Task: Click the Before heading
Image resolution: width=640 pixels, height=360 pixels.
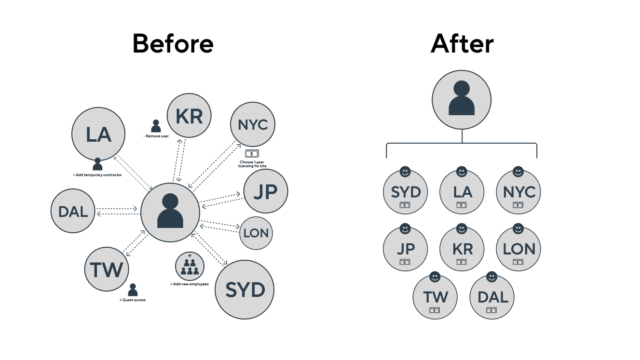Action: [173, 44]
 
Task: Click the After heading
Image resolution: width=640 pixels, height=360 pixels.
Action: [462, 44]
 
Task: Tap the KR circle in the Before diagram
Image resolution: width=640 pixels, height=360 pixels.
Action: [189, 116]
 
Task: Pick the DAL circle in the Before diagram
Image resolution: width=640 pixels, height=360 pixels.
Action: [73, 211]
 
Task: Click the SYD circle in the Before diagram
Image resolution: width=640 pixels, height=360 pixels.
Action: [245, 290]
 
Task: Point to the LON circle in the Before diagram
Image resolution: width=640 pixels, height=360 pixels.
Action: [256, 233]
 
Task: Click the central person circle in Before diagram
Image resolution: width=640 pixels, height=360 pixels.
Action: [170, 213]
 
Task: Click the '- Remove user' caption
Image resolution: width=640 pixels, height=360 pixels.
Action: [156, 136]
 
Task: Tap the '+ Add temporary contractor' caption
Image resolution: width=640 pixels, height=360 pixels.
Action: [97, 175]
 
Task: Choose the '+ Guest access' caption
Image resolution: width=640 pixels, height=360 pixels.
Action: [133, 300]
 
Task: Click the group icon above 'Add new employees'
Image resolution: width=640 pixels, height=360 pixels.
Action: [190, 267]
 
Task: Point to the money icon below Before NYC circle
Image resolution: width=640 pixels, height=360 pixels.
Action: [252, 154]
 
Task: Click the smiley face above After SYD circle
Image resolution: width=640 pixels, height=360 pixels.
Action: [405, 172]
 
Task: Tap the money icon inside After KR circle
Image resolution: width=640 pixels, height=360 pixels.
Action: [462, 262]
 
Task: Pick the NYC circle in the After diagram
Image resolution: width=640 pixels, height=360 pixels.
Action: [518, 192]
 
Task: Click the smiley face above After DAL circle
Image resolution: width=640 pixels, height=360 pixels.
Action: [492, 277]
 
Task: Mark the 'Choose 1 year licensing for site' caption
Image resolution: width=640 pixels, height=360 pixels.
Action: [252, 164]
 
